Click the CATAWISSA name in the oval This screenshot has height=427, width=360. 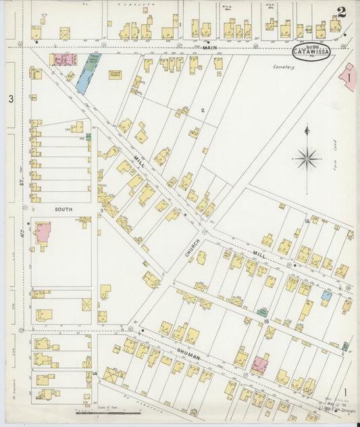pyautogui.click(x=311, y=52)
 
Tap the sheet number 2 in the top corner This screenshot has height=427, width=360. pyautogui.click(x=343, y=11)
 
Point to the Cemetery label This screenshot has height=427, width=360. pyautogui.click(x=284, y=67)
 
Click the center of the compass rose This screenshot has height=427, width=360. pyautogui.click(x=307, y=159)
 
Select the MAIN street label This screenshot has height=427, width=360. pyautogui.click(x=210, y=47)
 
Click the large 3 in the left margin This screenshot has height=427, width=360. pyautogui.click(x=11, y=99)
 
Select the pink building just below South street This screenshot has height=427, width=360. pyautogui.click(x=43, y=234)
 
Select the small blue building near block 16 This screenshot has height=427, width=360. pyautogui.click(x=326, y=295)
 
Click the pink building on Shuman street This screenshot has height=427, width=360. pyautogui.click(x=259, y=366)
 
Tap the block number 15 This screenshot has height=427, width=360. pyautogui.click(x=266, y=321)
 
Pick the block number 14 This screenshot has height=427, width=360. pyautogui.click(x=95, y=373)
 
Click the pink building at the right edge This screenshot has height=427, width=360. pyautogui.click(x=349, y=78)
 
